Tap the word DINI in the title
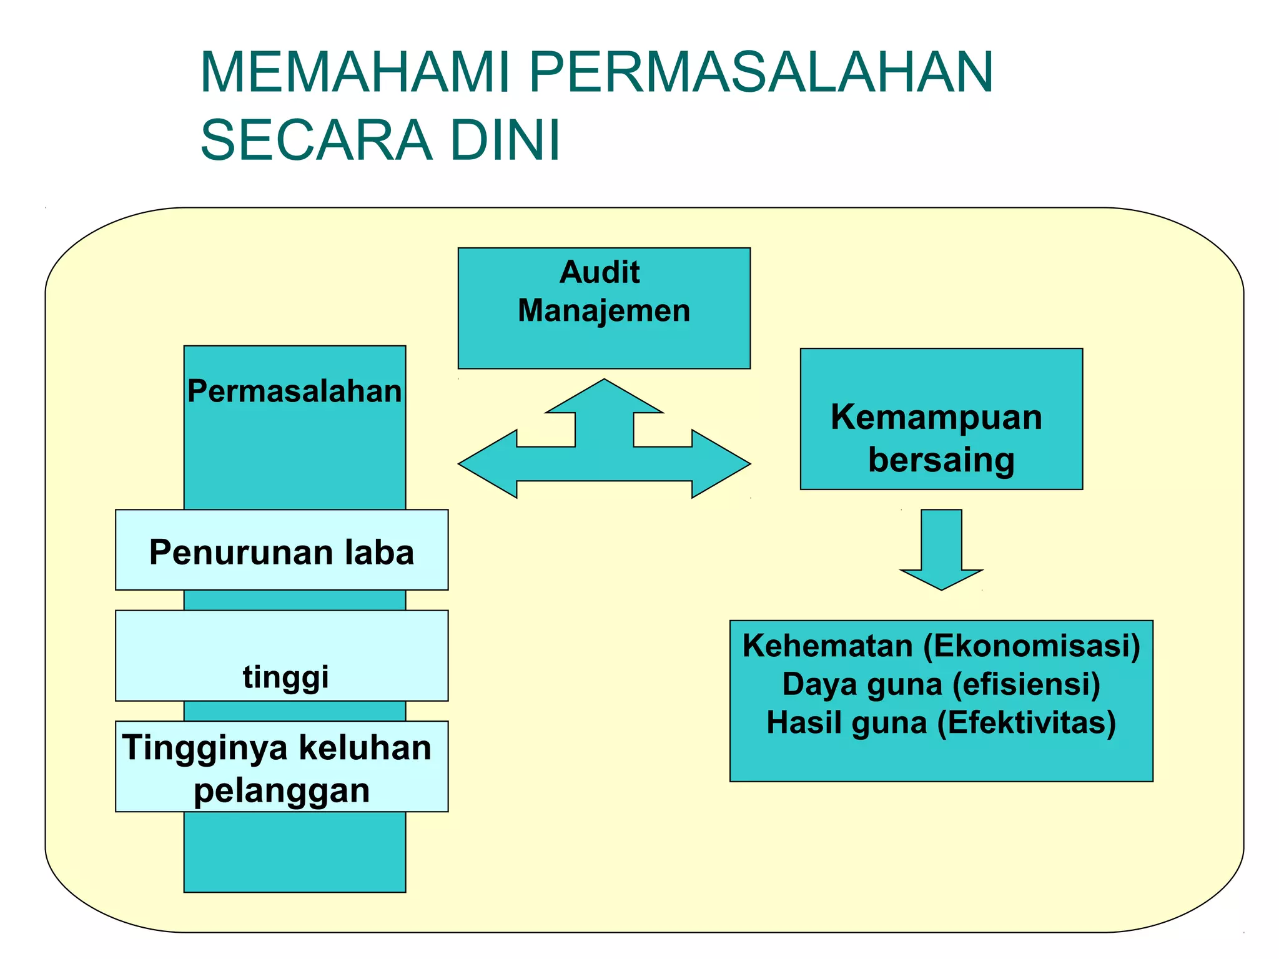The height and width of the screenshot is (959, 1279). (x=505, y=140)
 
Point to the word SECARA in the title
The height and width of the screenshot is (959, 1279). (x=316, y=140)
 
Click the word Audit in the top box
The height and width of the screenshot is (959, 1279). (x=600, y=272)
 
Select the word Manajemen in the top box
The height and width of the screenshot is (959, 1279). (x=604, y=311)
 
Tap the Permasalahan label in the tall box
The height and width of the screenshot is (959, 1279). (x=294, y=391)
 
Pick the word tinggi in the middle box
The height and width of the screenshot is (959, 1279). (x=285, y=677)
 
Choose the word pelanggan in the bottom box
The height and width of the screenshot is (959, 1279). (x=282, y=790)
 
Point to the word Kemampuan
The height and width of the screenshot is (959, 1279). (x=936, y=417)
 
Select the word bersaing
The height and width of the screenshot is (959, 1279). (x=941, y=460)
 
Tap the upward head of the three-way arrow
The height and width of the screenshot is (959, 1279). (x=604, y=400)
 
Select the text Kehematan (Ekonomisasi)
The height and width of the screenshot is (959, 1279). (x=941, y=646)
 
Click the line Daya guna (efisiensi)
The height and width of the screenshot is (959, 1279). (x=941, y=684)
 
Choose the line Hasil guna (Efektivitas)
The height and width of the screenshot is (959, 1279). (x=941, y=723)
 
